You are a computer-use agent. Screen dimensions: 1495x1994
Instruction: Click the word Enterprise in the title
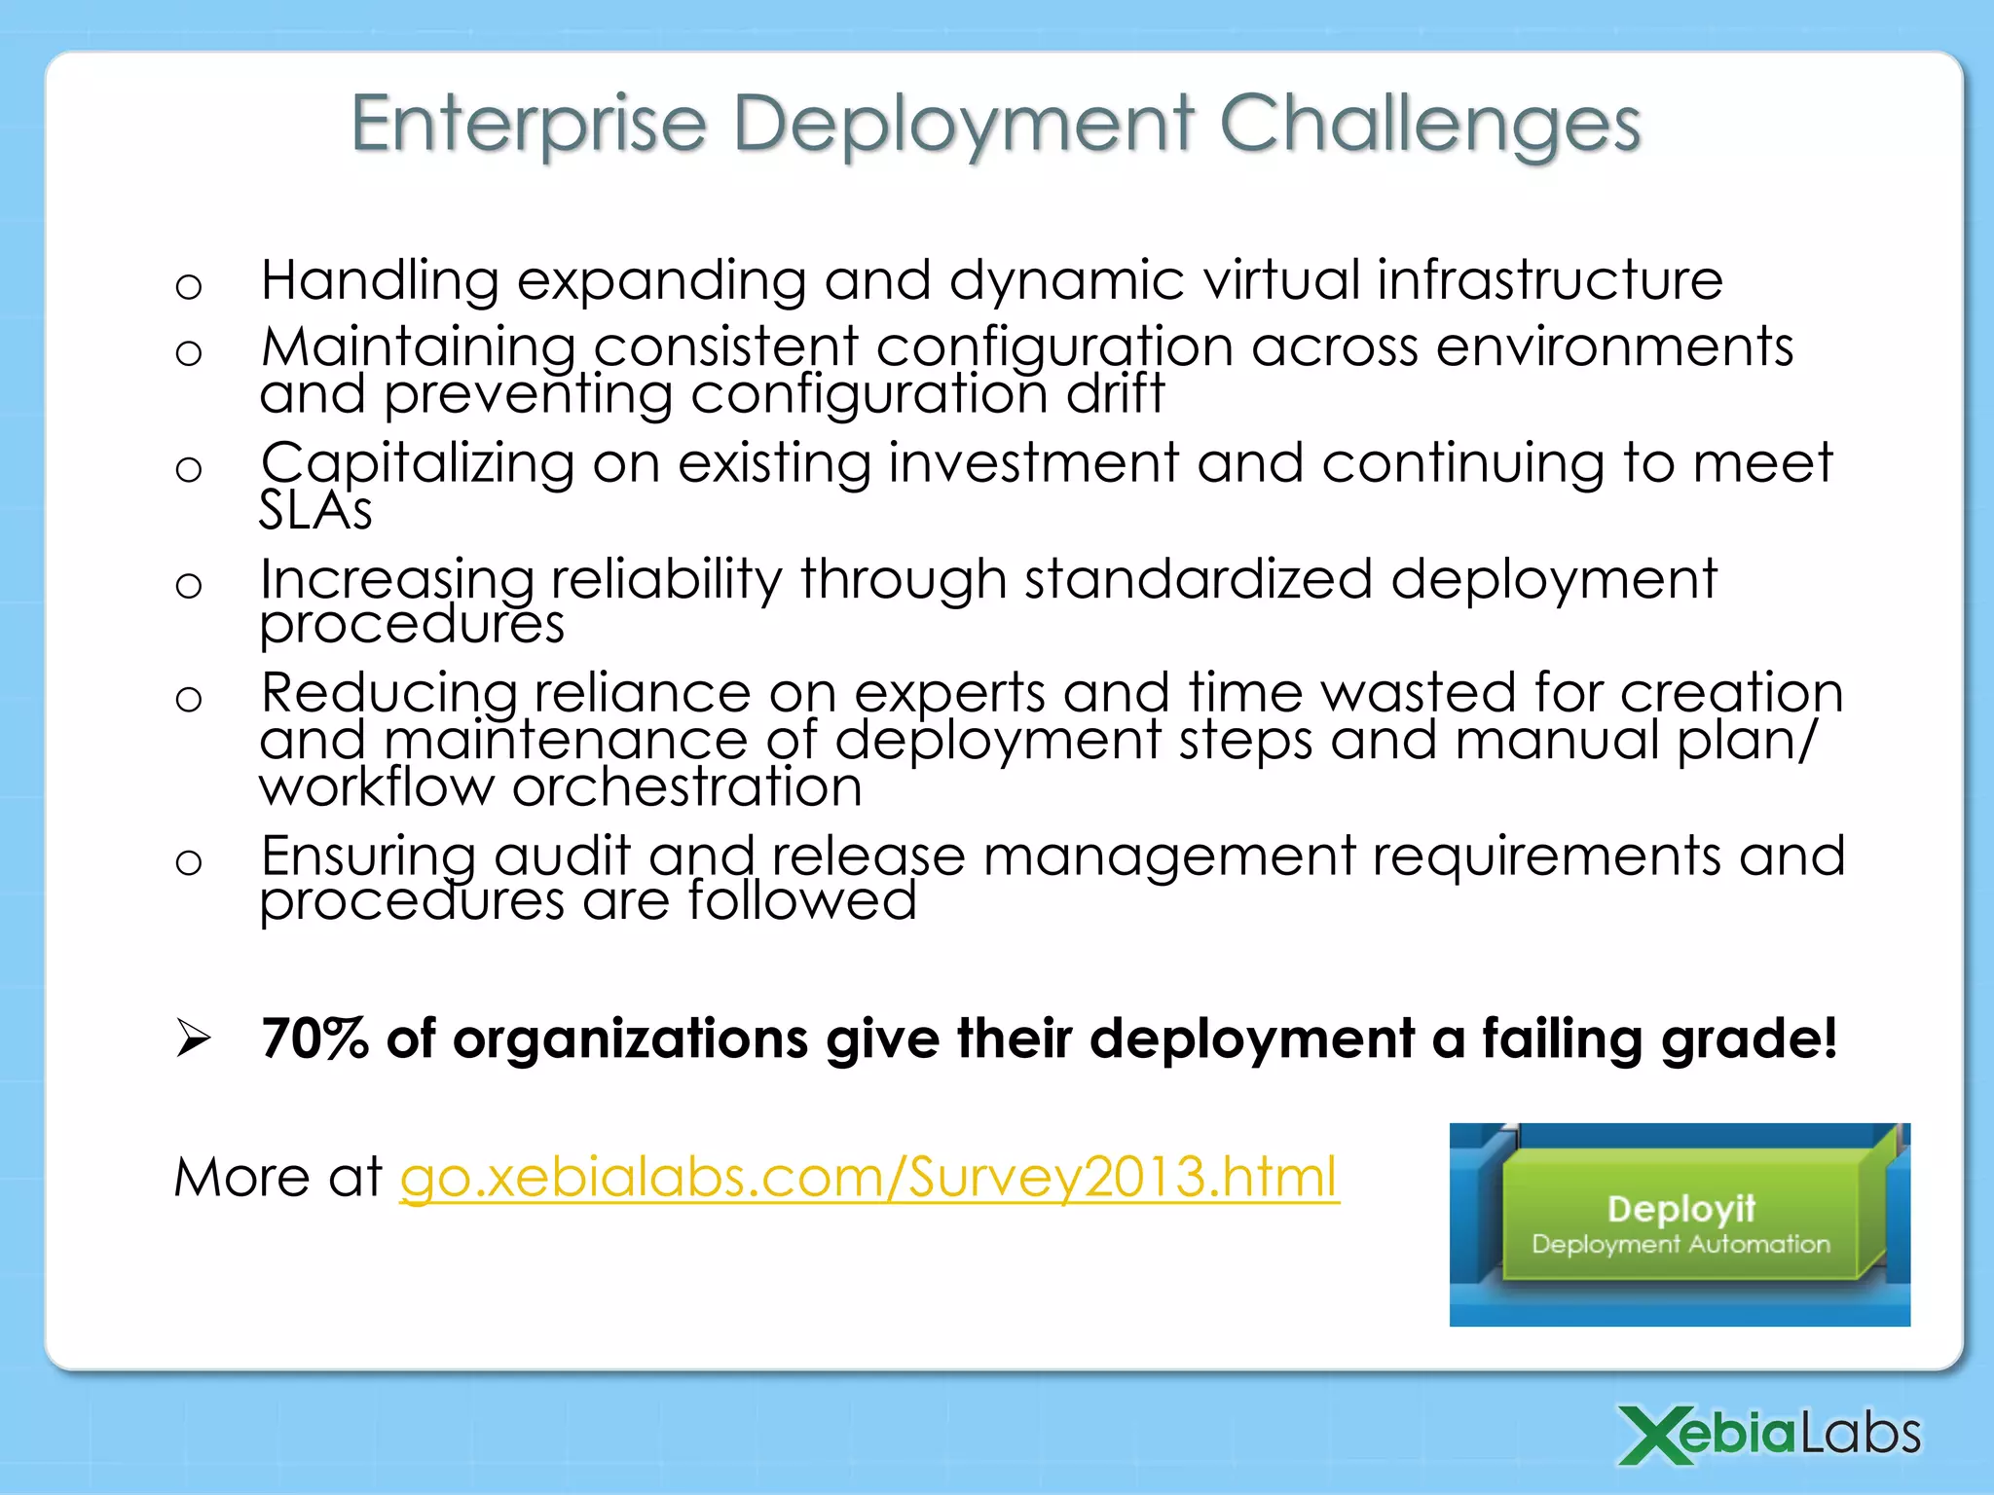[x=528, y=125]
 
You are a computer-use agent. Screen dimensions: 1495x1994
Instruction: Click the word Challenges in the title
[x=1429, y=125]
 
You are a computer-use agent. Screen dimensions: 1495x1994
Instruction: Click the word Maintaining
[x=419, y=347]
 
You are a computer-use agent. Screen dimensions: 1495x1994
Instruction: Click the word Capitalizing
[x=417, y=463]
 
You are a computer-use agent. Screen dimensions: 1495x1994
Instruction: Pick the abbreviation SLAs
[x=315, y=510]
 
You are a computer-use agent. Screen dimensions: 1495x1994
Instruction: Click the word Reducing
[x=388, y=693]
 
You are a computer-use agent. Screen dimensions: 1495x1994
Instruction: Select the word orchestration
[x=686, y=786]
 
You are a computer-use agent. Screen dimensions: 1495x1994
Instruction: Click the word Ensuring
[x=368, y=857]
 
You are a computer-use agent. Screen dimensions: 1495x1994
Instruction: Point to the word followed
[x=801, y=901]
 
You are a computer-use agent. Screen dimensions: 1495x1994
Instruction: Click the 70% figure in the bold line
[x=314, y=1039]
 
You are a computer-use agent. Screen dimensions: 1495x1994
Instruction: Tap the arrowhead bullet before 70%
[x=193, y=1039]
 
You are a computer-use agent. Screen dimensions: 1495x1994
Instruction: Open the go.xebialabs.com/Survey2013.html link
[x=868, y=1178]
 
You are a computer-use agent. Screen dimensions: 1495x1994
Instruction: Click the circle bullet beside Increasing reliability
[x=189, y=585]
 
